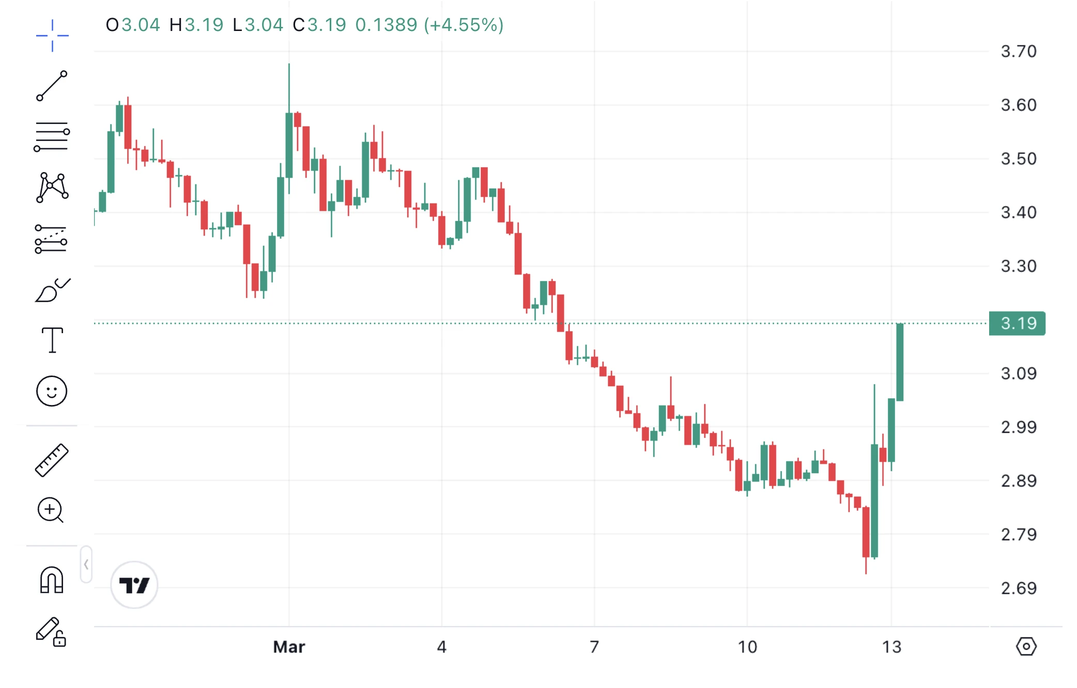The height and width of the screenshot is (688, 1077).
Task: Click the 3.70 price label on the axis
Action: point(1018,51)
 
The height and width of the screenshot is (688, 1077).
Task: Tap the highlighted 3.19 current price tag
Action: point(1017,323)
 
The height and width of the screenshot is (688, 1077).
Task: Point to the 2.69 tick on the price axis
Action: point(1018,588)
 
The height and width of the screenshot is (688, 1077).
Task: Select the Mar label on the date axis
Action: point(289,647)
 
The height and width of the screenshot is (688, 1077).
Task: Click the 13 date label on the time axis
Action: point(891,647)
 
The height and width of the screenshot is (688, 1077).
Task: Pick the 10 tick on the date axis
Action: point(747,647)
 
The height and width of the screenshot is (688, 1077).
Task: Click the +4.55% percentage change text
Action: point(464,25)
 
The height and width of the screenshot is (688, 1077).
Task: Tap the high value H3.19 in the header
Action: point(196,25)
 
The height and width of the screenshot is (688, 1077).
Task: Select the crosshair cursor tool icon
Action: point(52,36)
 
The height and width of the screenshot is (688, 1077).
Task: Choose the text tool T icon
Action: point(52,340)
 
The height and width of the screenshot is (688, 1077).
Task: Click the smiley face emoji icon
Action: point(52,391)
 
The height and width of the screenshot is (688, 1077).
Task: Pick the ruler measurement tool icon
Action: point(52,460)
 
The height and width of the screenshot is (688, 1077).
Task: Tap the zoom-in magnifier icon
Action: point(51,510)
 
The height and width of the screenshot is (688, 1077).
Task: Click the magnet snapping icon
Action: point(52,580)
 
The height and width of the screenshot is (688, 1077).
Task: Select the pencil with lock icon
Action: point(51,632)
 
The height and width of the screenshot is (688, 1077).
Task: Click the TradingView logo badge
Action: point(134,585)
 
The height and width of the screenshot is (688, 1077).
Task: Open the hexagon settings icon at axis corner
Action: point(1026,646)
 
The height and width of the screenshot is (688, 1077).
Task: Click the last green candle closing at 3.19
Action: point(900,362)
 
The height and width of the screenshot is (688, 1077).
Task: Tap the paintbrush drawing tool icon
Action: point(52,290)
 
